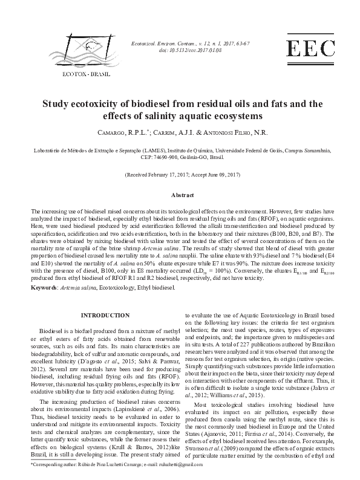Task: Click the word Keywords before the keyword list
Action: [x=44, y=288]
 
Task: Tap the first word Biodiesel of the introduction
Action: [x=50, y=332]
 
